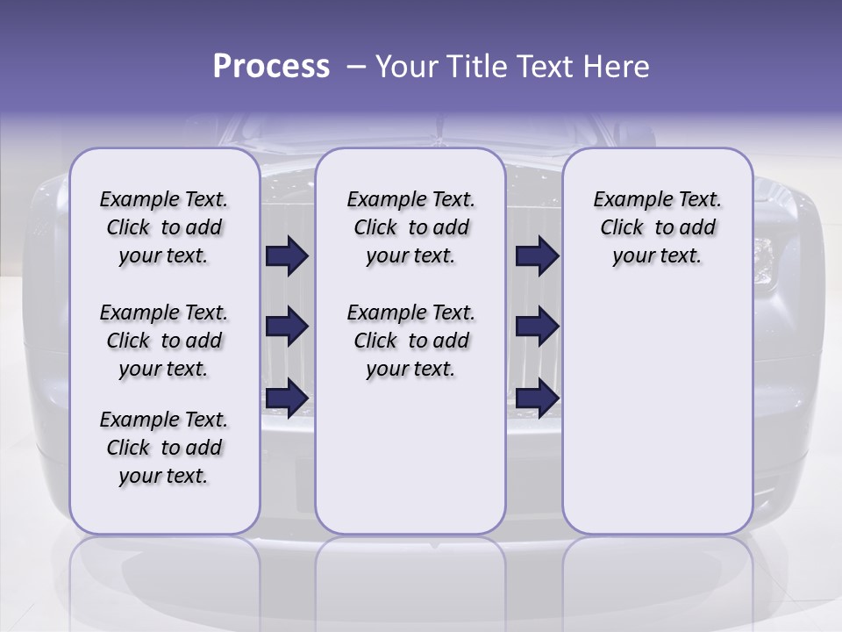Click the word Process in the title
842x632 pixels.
271,66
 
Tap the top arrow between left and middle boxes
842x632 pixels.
287,256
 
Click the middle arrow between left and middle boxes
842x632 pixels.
287,327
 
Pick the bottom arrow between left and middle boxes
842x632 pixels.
287,398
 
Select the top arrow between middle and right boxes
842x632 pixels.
537,256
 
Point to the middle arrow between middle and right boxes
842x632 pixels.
537,327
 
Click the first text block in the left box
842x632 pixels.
164,227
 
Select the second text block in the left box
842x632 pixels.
164,341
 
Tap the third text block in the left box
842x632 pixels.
164,448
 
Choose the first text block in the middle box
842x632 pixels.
410,227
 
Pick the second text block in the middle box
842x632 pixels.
410,341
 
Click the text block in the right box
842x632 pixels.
657,227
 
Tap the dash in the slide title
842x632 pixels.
355,66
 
